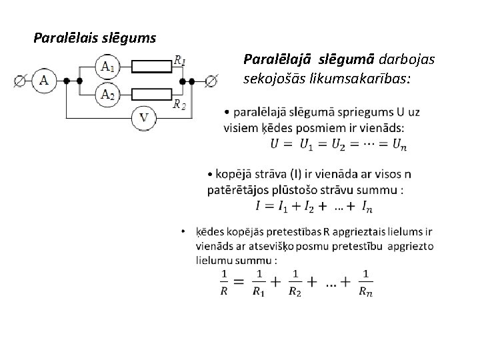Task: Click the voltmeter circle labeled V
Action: (143, 119)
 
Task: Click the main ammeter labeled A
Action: (44, 81)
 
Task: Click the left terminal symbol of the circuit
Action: (20, 81)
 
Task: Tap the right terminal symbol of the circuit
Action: (211, 81)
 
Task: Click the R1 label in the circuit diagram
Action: (179, 61)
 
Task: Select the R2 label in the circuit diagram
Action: (179, 104)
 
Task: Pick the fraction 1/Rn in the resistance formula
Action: (365, 282)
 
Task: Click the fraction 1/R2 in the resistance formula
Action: (294, 282)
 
